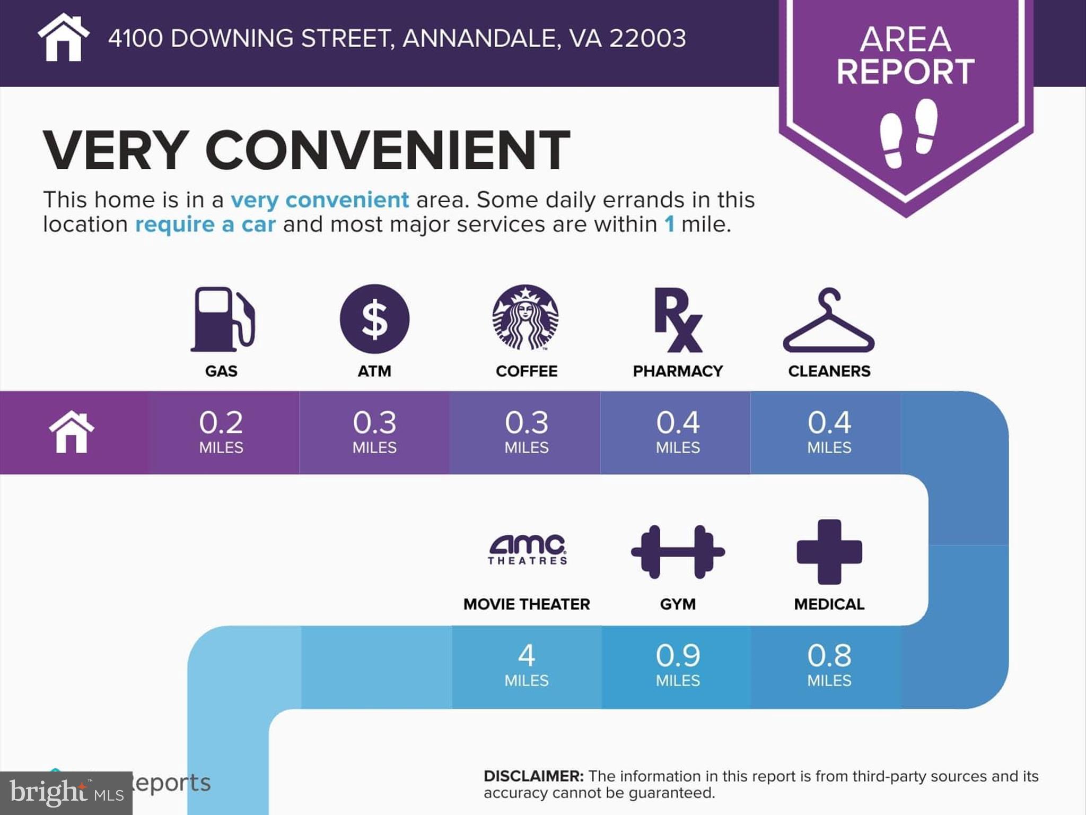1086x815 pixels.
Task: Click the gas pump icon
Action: [x=222, y=319]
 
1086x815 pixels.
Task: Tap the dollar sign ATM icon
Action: [x=374, y=319]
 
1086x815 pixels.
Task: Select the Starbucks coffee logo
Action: [x=526, y=318]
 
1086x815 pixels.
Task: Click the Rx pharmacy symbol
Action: [x=678, y=320]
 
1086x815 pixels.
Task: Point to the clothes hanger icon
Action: [x=828, y=321]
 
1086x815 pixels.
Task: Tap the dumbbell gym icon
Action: [x=678, y=552]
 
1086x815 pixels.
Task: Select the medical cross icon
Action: [x=829, y=552]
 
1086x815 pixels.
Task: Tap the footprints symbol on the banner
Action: [x=908, y=133]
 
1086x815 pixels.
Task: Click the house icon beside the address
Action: [x=63, y=38]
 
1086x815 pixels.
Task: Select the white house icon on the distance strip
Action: [x=72, y=432]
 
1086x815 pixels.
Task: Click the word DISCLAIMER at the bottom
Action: [x=533, y=776]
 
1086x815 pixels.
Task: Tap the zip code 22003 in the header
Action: [x=647, y=38]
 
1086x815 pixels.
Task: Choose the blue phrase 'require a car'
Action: [x=205, y=224]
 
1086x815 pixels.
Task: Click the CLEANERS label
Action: [x=829, y=371]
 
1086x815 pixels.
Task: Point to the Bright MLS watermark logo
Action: [x=66, y=793]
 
